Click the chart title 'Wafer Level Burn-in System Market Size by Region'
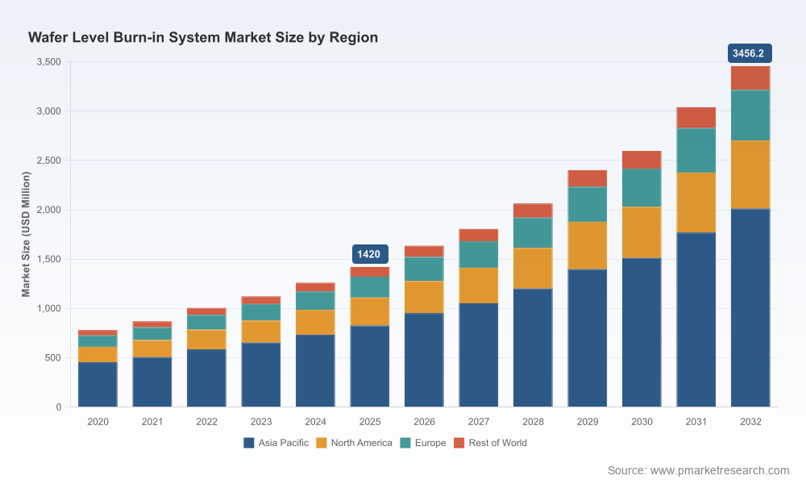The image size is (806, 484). pos(203,38)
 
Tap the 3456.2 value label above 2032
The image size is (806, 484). pos(750,53)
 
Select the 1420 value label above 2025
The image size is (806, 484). pos(370,254)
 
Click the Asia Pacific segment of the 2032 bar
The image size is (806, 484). pos(750,307)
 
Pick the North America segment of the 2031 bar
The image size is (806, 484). pos(696,202)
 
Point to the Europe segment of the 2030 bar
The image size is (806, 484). pos(642,188)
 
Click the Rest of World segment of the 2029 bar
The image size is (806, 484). pos(587,178)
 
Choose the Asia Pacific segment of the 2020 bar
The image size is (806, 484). pos(98,385)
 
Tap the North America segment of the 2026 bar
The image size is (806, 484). pos(424,298)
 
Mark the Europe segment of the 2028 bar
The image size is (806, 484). pos(533,233)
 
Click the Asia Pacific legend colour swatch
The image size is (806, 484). pos(249,443)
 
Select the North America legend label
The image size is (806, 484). pos(361,443)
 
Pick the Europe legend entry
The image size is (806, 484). pos(423,443)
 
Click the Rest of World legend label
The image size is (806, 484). pos(497,443)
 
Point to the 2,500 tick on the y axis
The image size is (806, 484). pos(49,161)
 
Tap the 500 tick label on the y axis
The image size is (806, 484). pos(53,357)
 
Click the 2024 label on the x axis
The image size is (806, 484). pos(315,422)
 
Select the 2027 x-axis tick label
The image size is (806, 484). pos(479,422)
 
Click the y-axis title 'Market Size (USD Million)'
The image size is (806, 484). pos(26,234)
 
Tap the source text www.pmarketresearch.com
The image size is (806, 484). pos(720,470)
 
